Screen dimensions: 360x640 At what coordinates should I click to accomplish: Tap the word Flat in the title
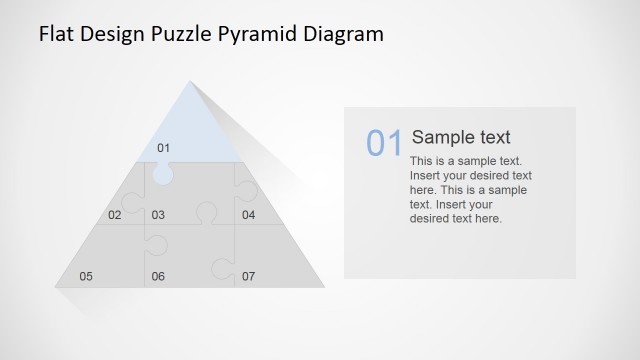(56, 35)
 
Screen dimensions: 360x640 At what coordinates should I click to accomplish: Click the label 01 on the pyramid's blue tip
(164, 149)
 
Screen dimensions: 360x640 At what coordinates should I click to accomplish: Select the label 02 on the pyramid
(115, 215)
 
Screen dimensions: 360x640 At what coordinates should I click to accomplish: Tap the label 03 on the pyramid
(158, 215)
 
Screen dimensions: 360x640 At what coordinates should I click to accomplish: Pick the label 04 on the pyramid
(248, 215)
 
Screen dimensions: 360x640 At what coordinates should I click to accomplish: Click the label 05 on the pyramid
(86, 276)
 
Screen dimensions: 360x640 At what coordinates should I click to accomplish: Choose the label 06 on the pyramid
(158, 276)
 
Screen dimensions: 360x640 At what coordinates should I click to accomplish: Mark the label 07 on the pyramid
(248, 276)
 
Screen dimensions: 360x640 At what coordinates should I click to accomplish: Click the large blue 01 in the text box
(384, 144)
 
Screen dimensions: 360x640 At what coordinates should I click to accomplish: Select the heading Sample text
(461, 138)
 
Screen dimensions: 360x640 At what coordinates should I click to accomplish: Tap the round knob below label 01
(163, 174)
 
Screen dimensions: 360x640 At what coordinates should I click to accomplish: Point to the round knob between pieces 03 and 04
(206, 212)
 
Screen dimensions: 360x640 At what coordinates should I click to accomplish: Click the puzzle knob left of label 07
(217, 267)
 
